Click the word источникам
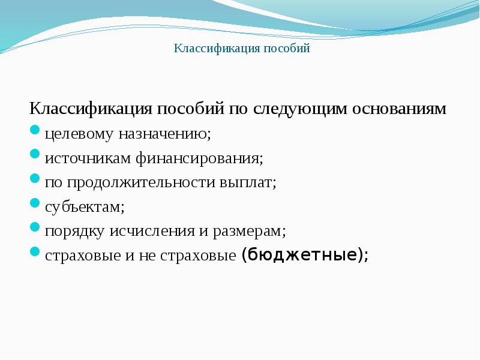pyautogui.click(x=86, y=158)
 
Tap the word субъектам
pyautogui.click(x=84, y=206)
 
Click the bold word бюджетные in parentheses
pyautogui.click(x=302, y=254)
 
